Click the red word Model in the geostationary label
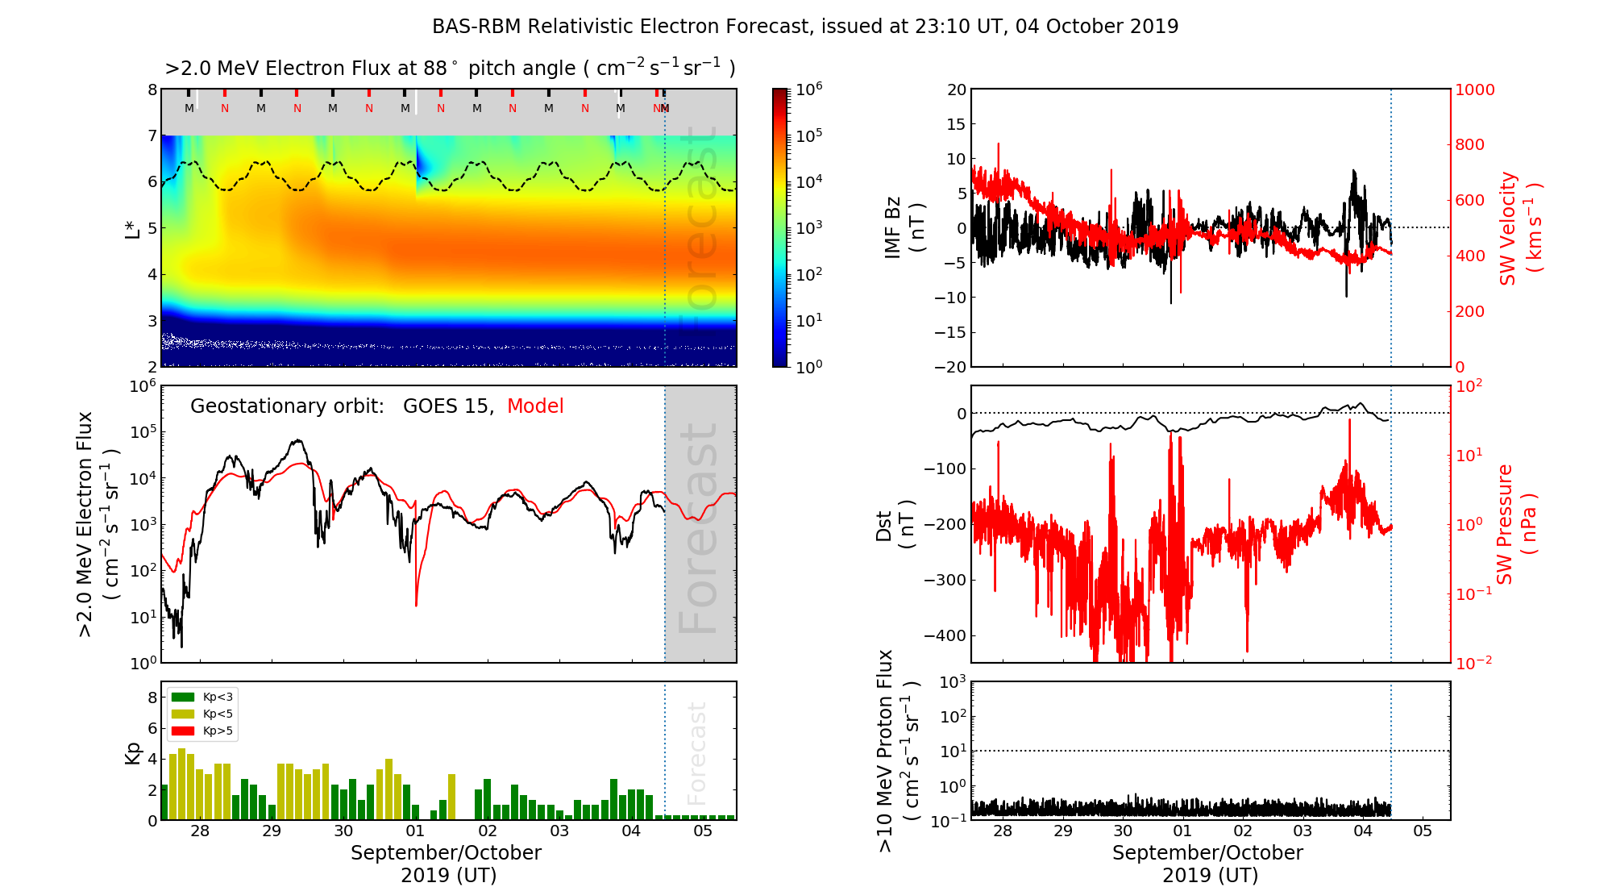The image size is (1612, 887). pos(535,406)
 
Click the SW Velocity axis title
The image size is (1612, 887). pos(1520,228)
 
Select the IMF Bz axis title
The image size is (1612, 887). pos(904,229)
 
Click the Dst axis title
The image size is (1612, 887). pos(895,525)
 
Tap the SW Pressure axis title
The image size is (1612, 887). pos(1516,524)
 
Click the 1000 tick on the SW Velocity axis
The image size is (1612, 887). pos(1474,90)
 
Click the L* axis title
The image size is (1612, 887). pos(132,227)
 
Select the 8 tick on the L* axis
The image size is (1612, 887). pos(152,90)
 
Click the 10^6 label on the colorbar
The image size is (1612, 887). pos(808,89)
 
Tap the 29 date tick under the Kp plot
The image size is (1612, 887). pos(272,831)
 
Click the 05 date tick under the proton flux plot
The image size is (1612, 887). pos(1423,831)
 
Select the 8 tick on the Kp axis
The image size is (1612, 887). pos(152,698)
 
